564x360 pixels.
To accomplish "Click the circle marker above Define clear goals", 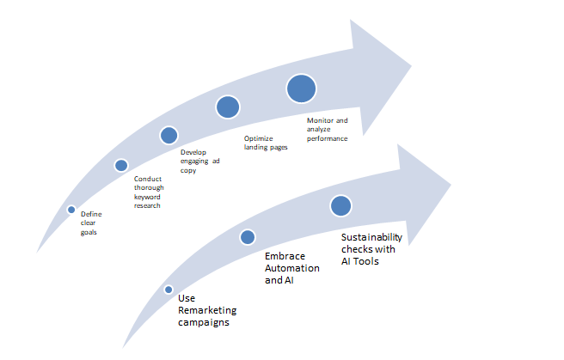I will point(71,209).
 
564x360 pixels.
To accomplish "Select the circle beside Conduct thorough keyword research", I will point(121,165).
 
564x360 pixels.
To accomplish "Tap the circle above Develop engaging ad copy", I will point(169,135).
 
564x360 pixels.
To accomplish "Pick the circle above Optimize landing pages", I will point(228,107).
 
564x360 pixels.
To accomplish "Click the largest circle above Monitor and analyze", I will point(302,88).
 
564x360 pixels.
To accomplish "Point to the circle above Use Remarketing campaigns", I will point(169,290).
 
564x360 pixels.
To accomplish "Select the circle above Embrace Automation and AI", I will point(248,237).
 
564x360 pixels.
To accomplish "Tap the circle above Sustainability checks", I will point(340,205).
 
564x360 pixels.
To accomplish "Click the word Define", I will point(90,214).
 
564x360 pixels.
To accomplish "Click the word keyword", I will point(146,197).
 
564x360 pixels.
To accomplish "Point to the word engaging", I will point(193,162).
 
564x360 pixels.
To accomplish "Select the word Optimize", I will point(258,138).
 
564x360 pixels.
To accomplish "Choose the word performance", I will point(328,137).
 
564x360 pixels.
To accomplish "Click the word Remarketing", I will point(206,310).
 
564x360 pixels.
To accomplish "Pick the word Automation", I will point(291,268).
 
